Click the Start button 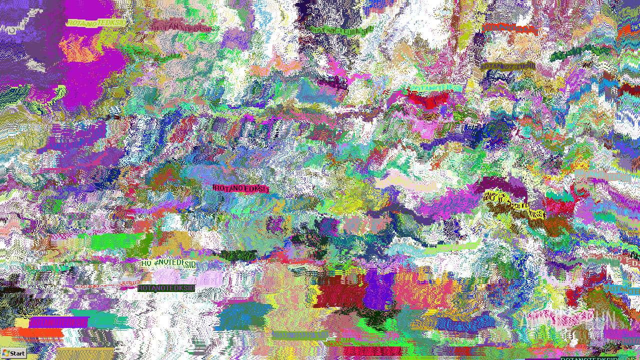point(13,353)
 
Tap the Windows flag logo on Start point(5,353)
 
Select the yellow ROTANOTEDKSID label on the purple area point(95,23)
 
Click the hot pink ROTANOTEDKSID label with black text point(240,188)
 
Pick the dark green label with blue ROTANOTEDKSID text point(166,288)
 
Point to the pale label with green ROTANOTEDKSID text point(168,263)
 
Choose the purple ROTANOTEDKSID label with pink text point(58,322)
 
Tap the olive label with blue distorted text point(507,66)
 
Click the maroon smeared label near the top point(181,26)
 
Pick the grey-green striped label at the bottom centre point(299,335)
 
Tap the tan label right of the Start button point(85,353)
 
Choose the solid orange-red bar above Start point(32,332)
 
